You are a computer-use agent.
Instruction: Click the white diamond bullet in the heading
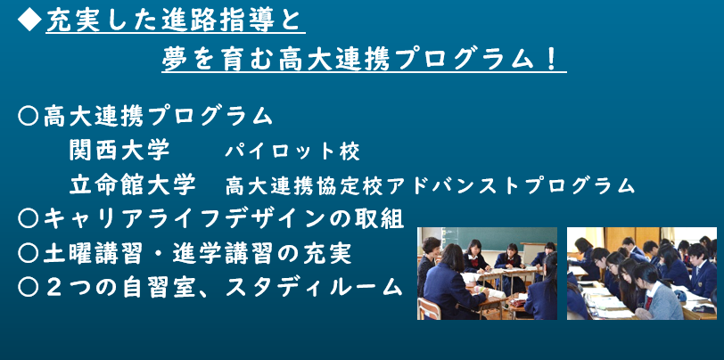(x=29, y=20)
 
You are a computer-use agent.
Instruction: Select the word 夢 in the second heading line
(x=174, y=61)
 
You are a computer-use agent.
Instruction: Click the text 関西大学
(x=120, y=150)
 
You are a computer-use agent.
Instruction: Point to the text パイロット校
(x=292, y=151)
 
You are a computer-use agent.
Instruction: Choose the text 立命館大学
(x=133, y=184)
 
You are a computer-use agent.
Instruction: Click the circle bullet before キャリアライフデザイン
(x=29, y=219)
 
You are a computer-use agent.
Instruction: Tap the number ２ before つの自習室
(x=56, y=288)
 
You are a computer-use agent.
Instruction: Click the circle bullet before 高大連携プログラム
(x=29, y=116)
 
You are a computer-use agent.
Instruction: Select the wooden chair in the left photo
(x=429, y=308)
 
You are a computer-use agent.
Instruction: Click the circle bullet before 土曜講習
(x=29, y=253)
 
